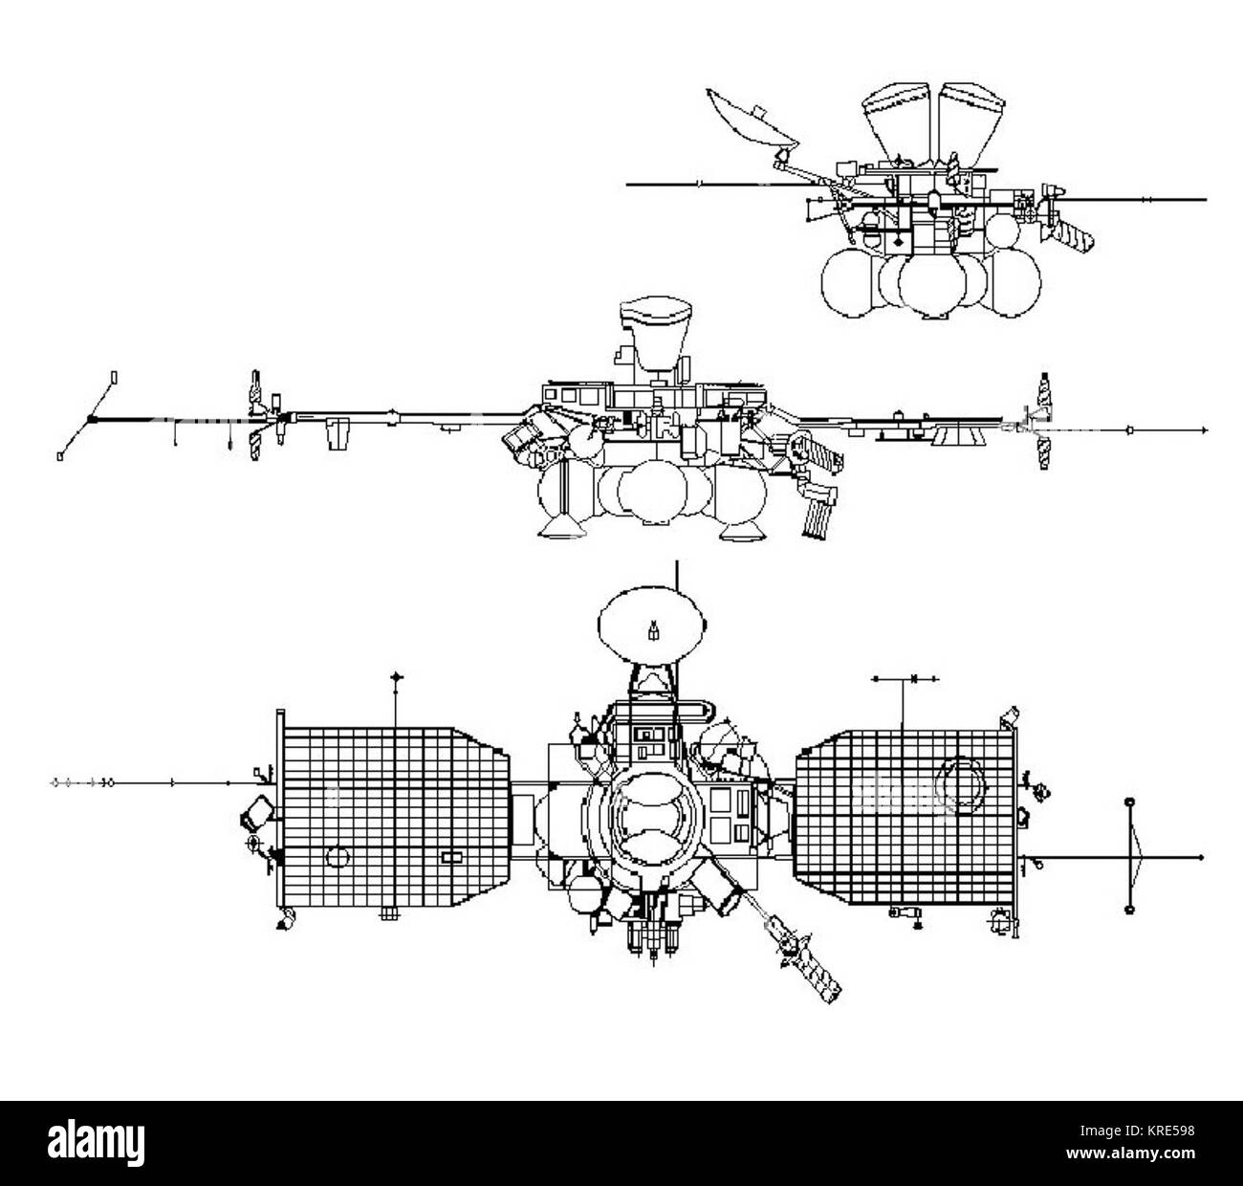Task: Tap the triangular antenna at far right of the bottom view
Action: [1134, 854]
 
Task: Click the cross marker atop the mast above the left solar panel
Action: [397, 677]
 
